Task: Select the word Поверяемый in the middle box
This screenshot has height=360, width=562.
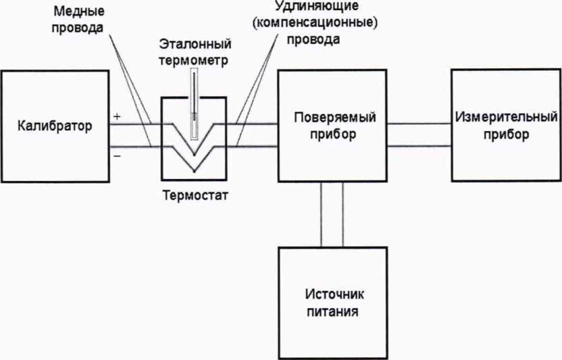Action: click(x=335, y=118)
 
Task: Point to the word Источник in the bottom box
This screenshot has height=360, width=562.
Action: click(x=334, y=296)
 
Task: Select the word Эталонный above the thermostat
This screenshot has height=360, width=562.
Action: click(x=195, y=45)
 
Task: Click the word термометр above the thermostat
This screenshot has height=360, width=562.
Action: click(x=195, y=59)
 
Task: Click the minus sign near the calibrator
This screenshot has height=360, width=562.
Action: click(x=117, y=155)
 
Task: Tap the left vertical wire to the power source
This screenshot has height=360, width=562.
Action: click(x=322, y=216)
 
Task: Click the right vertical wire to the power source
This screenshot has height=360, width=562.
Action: click(x=343, y=216)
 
